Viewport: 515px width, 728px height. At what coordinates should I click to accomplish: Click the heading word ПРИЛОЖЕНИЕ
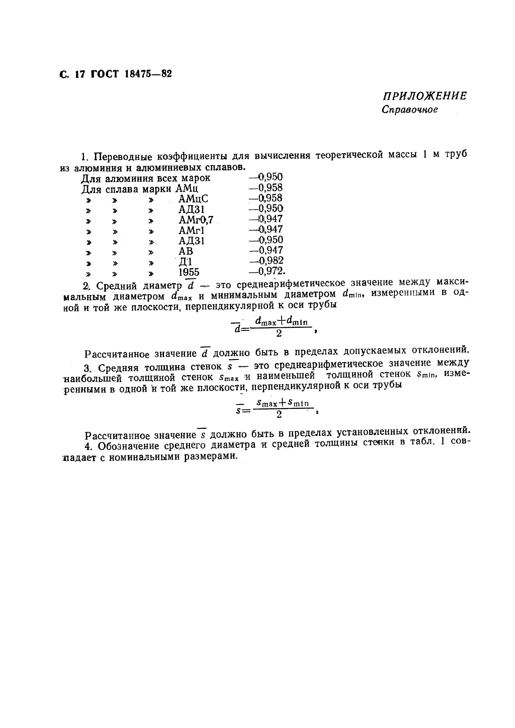pos(425,96)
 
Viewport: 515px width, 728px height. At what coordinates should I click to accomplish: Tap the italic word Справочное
pos(410,110)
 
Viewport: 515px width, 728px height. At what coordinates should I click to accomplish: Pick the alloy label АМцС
pos(194,199)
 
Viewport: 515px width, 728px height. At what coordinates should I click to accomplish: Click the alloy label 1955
pos(189,272)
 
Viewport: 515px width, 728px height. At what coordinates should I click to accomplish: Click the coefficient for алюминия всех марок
pos(269,177)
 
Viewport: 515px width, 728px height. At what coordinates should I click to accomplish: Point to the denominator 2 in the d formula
pos(279,334)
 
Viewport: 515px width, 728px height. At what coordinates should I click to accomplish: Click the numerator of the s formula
pos(282,403)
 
